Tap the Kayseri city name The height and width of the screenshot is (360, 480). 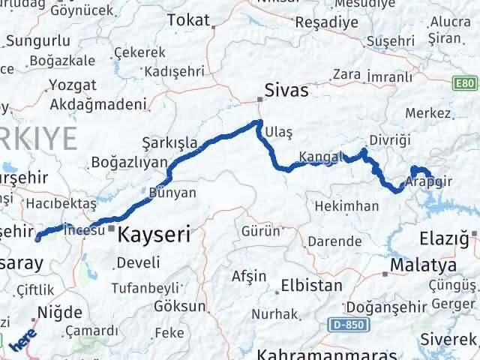click(x=159, y=232)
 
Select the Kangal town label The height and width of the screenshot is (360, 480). click(x=320, y=157)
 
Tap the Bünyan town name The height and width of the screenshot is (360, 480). click(x=173, y=193)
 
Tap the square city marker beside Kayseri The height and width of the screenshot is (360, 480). click(x=112, y=228)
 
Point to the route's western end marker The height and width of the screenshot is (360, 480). click(x=38, y=238)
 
